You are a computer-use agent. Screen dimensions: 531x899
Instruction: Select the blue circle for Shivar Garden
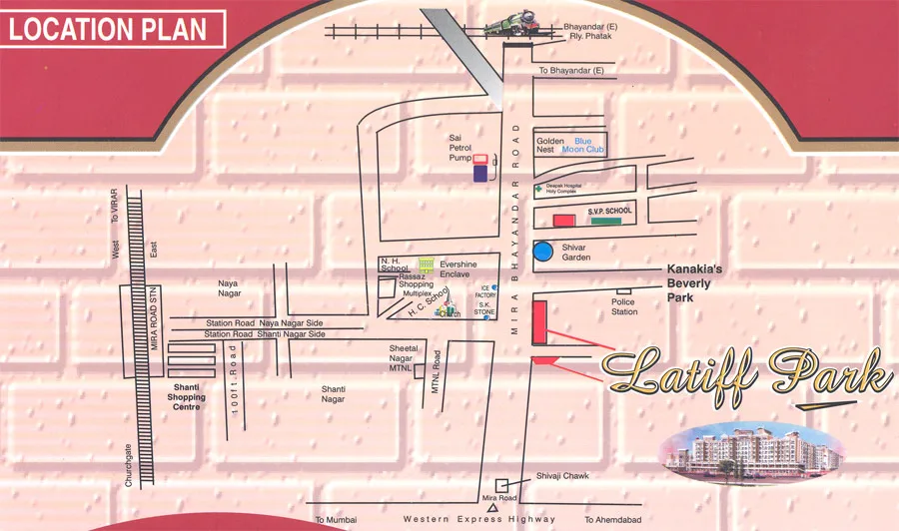[543, 252]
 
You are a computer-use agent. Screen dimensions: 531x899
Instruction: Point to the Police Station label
[624, 306]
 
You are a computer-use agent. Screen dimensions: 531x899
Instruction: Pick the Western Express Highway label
[479, 519]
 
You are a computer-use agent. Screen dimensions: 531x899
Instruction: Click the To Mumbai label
[336, 519]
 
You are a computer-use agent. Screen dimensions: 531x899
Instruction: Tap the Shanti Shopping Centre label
[186, 397]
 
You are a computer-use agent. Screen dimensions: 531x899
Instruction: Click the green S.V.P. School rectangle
[612, 220]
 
